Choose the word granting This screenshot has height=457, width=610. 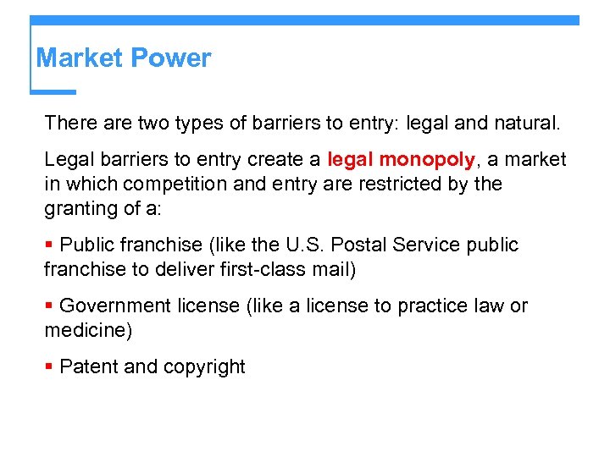79,207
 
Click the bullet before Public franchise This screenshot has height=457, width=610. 49,245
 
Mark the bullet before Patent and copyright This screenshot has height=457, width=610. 49,367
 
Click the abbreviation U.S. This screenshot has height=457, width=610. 302,245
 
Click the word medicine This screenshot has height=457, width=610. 86,330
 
